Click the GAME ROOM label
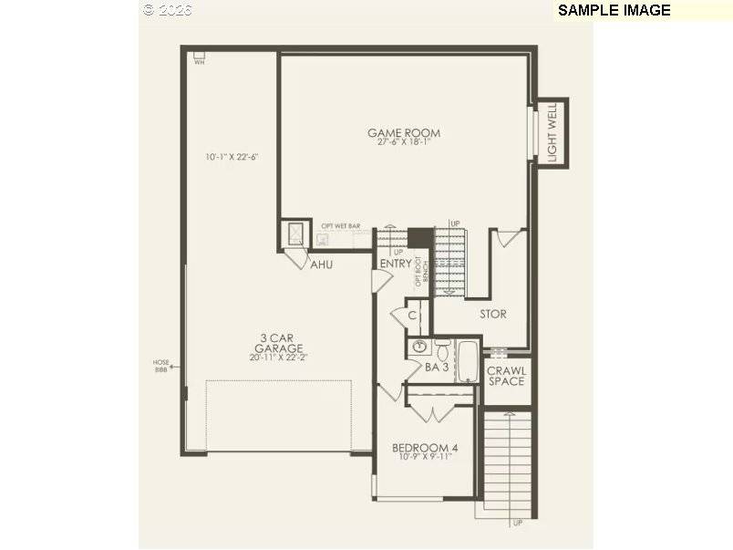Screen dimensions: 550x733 tap(403, 133)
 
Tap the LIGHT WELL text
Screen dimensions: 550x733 tap(552, 133)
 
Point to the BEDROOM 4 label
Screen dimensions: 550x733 tap(425, 448)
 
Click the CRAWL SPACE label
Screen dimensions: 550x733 tap(505, 376)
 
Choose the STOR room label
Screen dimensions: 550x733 tap(493, 314)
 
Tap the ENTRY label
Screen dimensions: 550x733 tap(395, 265)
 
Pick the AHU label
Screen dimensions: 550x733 tap(321, 265)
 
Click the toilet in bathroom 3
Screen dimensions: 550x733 tap(442, 348)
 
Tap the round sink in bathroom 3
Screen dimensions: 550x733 tap(420, 347)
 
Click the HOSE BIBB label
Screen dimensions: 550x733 tap(160, 366)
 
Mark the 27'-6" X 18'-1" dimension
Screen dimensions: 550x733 tap(403, 142)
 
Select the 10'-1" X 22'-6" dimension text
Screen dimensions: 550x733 tap(232, 157)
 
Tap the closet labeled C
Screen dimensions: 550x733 tap(412, 316)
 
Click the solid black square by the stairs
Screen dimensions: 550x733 tap(419, 237)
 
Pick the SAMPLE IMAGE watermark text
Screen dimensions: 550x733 tap(614, 10)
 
